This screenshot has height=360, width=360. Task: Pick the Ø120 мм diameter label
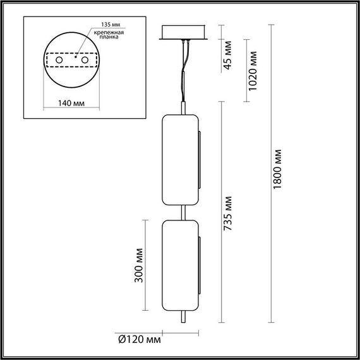138,340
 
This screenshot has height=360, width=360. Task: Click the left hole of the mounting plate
59,59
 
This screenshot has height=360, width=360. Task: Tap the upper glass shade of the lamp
179,160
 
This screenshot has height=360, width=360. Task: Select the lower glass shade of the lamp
179,265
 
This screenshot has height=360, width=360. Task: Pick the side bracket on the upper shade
199,160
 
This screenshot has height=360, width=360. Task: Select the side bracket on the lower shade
199,265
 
